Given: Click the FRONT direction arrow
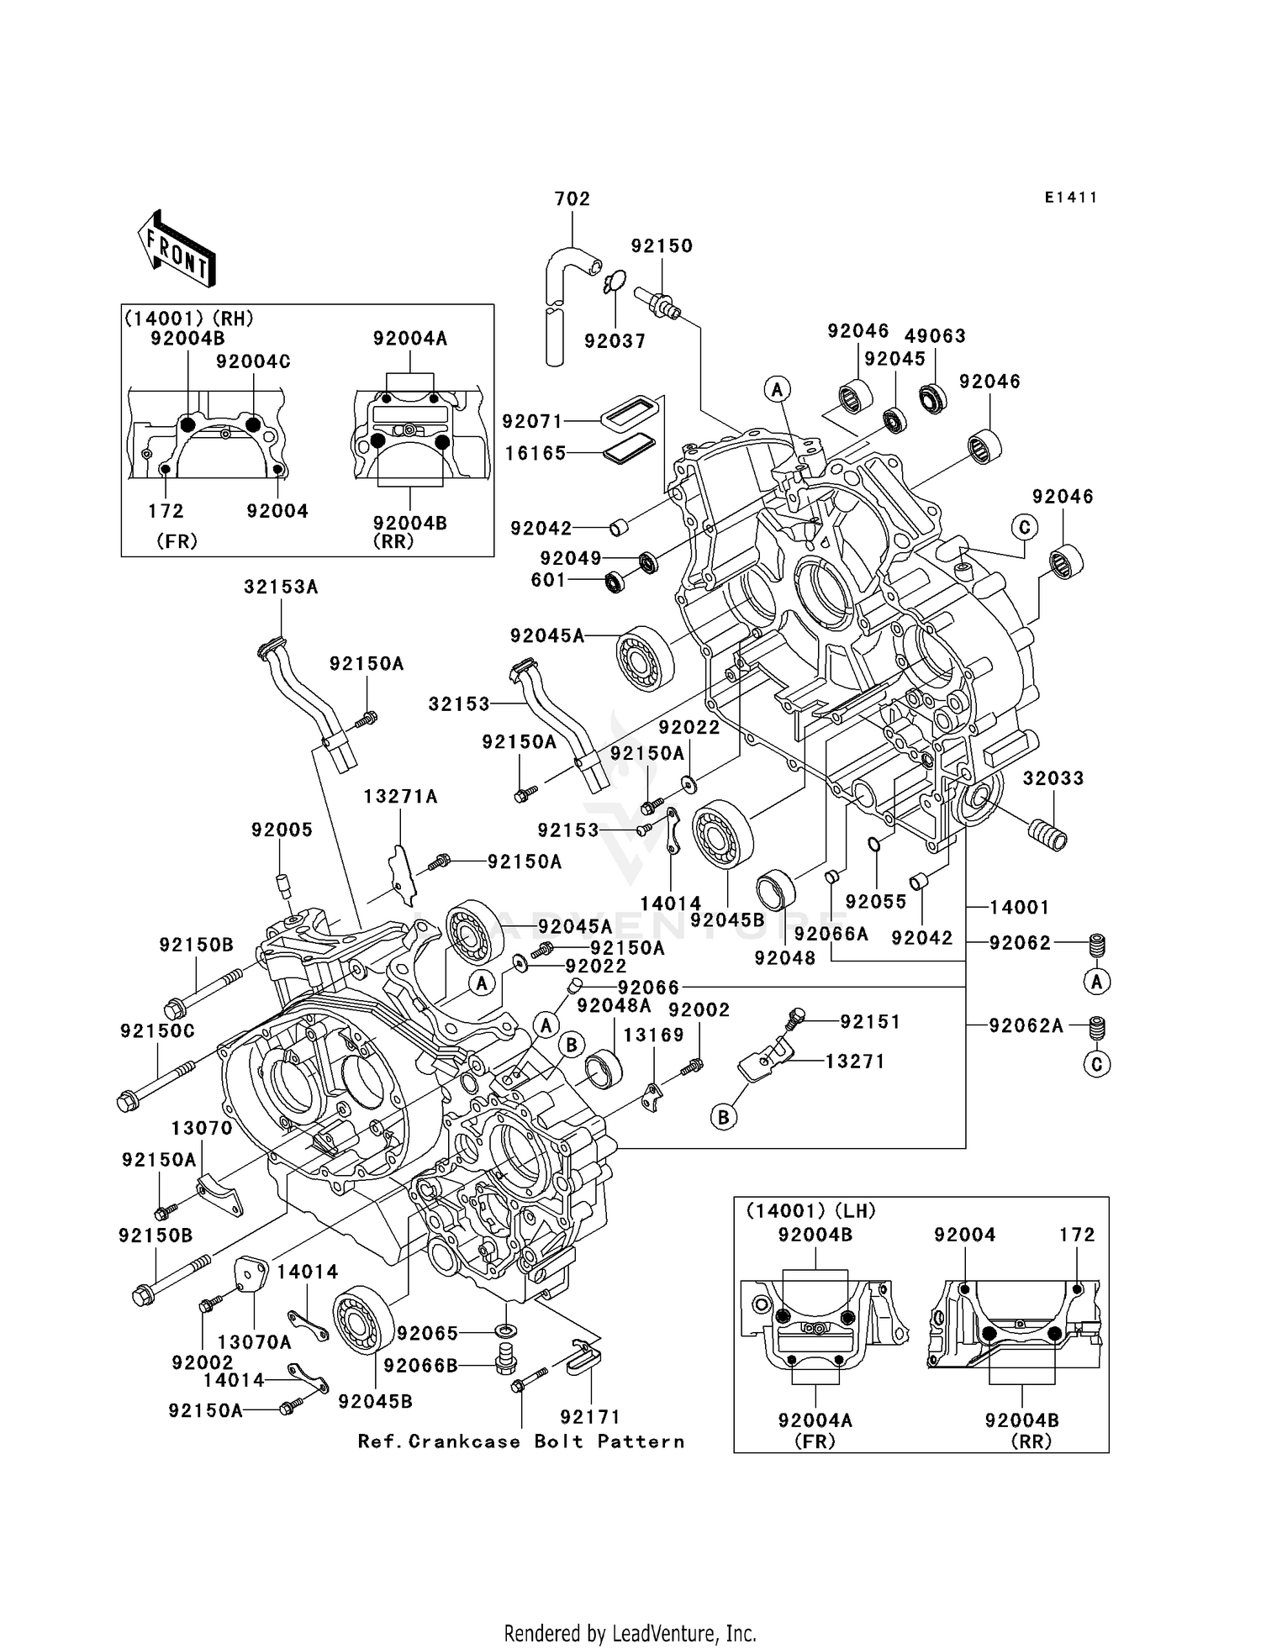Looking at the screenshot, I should pos(177,250).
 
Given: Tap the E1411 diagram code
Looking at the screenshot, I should pos(1070,198).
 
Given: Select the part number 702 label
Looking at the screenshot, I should pos(572,199).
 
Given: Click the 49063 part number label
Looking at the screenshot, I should pos(935,336).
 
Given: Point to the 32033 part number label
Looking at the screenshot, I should pos(1053,778).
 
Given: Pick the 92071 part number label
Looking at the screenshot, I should pos(533,421).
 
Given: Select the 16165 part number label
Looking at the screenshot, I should pos(536,453).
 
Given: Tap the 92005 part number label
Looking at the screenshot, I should pos(282,830).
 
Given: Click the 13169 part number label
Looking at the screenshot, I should pos(654,1035).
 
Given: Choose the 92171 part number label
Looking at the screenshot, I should pos(591,1417).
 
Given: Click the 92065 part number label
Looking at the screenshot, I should pos(428,1334).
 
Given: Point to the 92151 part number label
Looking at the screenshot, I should pos(870,1022).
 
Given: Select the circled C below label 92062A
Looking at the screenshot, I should pos(1096,1065).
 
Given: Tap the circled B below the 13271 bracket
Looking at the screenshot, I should pos(723,1117).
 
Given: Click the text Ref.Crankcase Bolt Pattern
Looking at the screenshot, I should pos(521,1442).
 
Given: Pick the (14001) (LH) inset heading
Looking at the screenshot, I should pos(810,1211).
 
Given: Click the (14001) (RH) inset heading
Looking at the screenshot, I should pos(189,319).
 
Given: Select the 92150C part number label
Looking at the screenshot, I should pos(157,1031).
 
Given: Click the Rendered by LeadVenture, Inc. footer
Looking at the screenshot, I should pos(630,1634).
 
